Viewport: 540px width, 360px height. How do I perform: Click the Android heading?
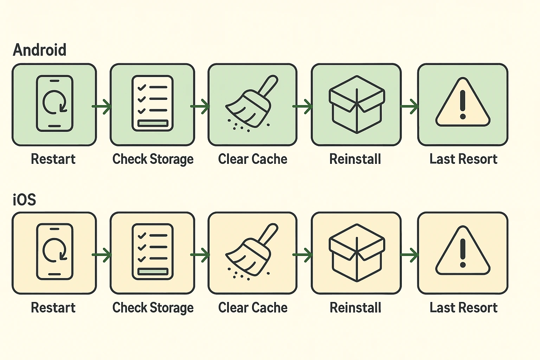(x=39, y=50)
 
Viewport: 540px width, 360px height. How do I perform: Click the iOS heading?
(x=24, y=200)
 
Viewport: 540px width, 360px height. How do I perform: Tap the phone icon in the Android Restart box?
(x=54, y=103)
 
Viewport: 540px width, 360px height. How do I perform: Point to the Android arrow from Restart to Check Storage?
(x=102, y=106)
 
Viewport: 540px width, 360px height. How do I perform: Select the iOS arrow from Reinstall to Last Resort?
(x=410, y=255)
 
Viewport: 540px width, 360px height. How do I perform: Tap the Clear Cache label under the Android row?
(x=252, y=159)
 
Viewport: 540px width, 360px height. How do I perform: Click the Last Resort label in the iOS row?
(x=463, y=308)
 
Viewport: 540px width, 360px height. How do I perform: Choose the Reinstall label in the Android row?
(x=355, y=159)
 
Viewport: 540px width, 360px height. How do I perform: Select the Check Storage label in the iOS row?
(x=153, y=308)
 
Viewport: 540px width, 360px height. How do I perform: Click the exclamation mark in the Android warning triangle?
(x=463, y=104)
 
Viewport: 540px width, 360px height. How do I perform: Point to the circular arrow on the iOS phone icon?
(x=54, y=250)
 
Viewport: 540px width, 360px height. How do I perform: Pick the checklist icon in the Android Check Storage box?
(x=153, y=103)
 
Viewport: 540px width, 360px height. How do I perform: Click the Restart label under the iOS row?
(x=53, y=308)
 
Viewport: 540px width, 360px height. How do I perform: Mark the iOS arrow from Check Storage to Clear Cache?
(x=200, y=255)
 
